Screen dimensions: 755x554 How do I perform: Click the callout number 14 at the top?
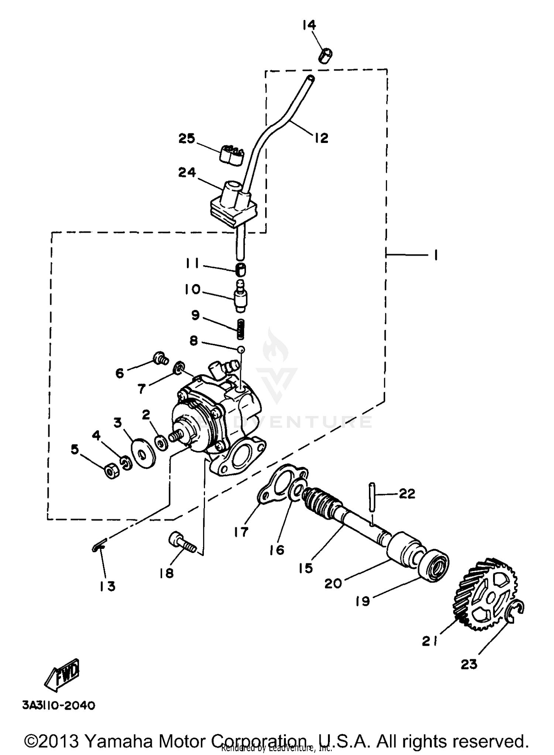(x=309, y=25)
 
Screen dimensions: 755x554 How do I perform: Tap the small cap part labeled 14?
(x=325, y=56)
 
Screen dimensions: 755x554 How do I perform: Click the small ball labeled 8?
(x=241, y=349)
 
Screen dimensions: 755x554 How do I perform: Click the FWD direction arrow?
(x=62, y=674)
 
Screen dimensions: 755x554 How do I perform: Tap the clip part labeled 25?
(x=230, y=155)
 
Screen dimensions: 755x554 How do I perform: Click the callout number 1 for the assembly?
(x=436, y=254)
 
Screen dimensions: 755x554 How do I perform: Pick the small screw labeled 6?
(x=161, y=358)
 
